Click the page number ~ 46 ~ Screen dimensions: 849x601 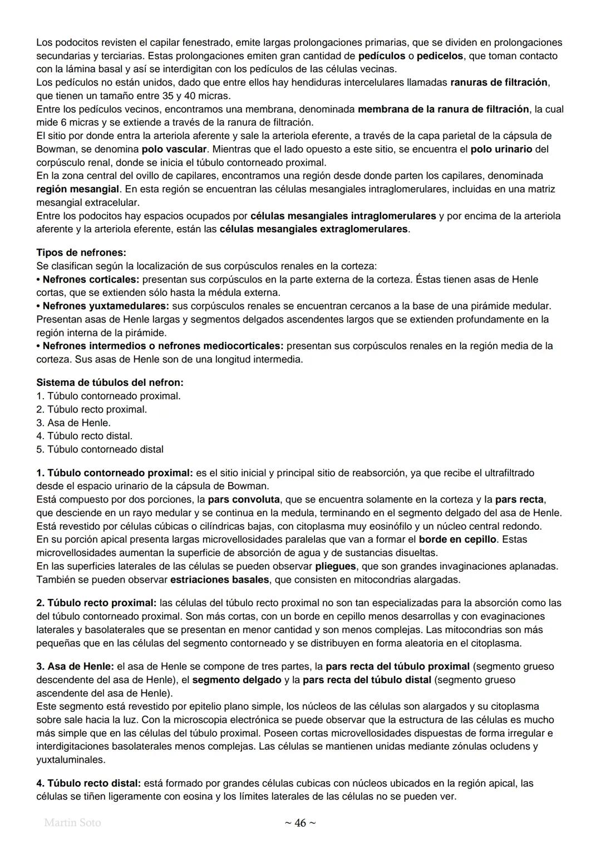300,823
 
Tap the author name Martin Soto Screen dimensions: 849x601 72,822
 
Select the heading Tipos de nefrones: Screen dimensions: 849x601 81,252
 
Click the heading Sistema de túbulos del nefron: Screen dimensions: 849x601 110,383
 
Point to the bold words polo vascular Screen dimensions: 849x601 174,149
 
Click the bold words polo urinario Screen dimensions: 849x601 501,149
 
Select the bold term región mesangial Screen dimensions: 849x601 78,189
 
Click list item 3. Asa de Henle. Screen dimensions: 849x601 73,423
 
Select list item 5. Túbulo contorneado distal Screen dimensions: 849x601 100,449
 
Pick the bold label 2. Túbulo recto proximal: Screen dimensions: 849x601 96,603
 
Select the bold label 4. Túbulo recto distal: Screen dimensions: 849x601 88,783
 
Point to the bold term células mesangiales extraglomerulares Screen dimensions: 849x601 314,229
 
